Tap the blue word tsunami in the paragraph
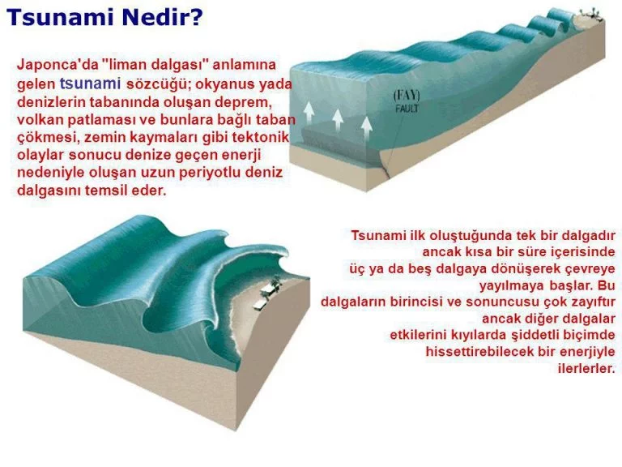90,84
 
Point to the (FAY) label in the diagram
407,96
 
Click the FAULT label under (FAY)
407,108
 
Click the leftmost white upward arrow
309,113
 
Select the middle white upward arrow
338,120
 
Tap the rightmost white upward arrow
367,128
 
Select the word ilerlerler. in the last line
586,368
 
